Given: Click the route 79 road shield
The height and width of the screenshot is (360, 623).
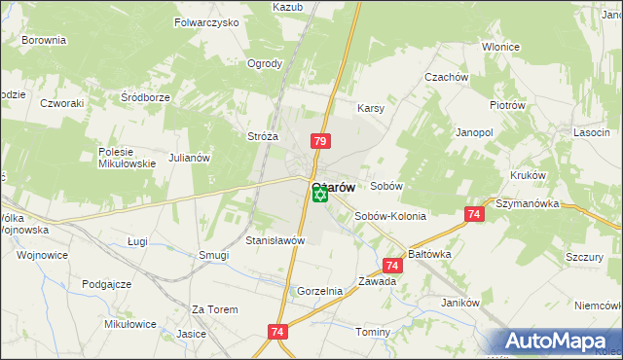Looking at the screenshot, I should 320,142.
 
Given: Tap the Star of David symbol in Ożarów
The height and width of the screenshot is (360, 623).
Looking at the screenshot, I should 320,196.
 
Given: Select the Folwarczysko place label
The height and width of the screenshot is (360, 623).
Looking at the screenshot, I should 206,21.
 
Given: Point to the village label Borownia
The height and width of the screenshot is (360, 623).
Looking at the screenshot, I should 43,40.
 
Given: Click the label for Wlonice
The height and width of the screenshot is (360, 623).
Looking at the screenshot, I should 499,47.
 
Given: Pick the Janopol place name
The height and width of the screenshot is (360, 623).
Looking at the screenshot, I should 476,131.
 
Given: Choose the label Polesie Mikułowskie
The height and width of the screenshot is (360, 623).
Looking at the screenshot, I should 128,158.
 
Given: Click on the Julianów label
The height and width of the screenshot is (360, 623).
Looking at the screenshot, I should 189,157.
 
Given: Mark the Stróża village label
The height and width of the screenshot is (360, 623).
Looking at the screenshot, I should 264,137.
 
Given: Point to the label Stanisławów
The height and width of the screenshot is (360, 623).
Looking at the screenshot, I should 275,239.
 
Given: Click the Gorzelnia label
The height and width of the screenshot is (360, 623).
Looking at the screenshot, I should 320,291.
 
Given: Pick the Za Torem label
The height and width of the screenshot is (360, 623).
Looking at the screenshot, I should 215,309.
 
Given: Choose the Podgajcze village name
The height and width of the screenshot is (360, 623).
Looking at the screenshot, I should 107,283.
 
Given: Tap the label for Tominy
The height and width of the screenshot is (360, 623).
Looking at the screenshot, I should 373,332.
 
